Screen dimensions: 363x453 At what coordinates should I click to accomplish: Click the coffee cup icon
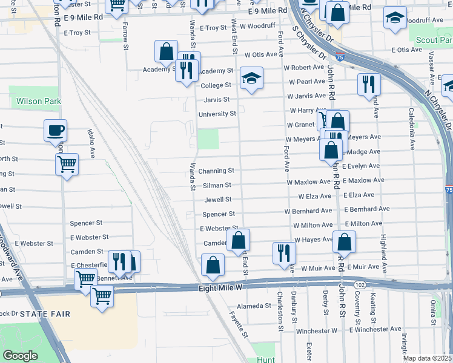55,129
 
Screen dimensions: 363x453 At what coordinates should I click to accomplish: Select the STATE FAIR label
45,314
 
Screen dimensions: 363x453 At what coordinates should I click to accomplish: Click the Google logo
20,356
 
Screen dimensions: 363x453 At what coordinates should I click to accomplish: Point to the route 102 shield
360,284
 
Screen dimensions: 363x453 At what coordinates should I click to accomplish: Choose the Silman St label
219,185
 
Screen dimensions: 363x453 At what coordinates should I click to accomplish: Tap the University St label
217,114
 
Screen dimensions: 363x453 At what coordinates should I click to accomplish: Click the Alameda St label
254,306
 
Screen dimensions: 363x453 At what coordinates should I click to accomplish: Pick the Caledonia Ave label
411,129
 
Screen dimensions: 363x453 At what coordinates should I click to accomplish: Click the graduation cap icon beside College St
251,77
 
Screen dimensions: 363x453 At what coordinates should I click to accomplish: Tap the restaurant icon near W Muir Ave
283,253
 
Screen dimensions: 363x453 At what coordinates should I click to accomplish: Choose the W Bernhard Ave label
309,211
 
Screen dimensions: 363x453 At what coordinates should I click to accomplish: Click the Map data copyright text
428,358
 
